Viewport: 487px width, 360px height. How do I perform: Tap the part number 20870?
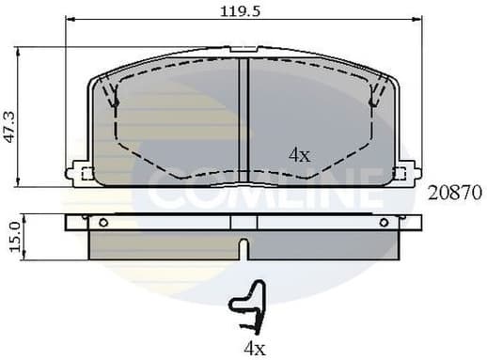click(x=455, y=193)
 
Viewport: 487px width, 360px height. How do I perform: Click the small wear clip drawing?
click(x=248, y=308)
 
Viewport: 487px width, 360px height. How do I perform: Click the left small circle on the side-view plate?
click(x=102, y=223)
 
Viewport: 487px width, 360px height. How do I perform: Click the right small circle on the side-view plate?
click(x=383, y=223)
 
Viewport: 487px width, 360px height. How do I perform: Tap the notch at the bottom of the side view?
click(x=243, y=249)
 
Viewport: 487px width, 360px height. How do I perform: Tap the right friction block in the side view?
click(x=324, y=245)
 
